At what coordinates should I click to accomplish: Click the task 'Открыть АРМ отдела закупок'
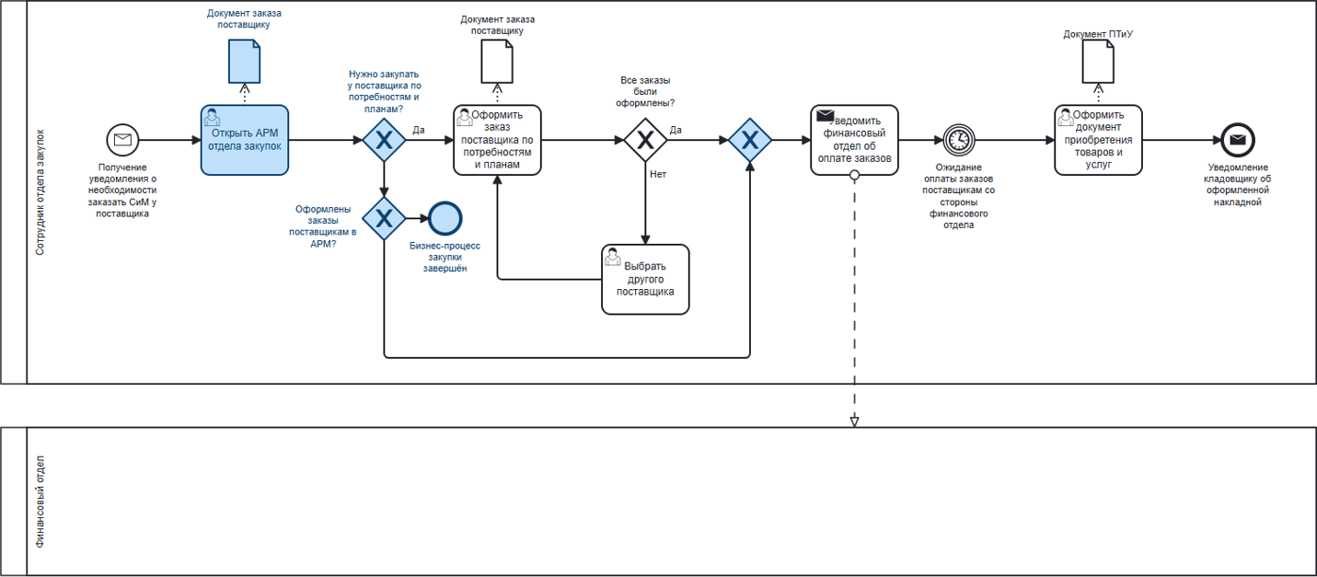[245, 140]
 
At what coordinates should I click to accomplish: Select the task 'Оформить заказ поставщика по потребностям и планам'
[497, 140]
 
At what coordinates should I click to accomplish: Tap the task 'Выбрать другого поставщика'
[645, 279]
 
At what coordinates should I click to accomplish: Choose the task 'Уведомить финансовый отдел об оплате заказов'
[854, 140]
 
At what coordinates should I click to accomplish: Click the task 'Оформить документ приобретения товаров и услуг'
[1098, 140]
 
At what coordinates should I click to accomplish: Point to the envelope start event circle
[121, 140]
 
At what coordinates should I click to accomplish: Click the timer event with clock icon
[959, 140]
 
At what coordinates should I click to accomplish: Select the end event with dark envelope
[1239, 140]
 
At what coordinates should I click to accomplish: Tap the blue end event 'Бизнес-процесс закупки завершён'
[445, 218]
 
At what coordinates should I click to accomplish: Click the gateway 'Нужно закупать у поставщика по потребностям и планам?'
[384, 140]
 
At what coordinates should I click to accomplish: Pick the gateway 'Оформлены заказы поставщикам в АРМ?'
[384, 218]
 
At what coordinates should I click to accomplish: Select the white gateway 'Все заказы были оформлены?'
[645, 140]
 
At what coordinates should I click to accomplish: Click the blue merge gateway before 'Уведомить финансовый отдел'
[750, 140]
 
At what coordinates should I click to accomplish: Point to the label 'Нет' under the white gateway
[658, 173]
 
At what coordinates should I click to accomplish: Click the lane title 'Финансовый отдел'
[40, 502]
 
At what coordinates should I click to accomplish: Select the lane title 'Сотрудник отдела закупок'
[40, 191]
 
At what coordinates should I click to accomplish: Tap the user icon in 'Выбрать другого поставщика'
[613, 259]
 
